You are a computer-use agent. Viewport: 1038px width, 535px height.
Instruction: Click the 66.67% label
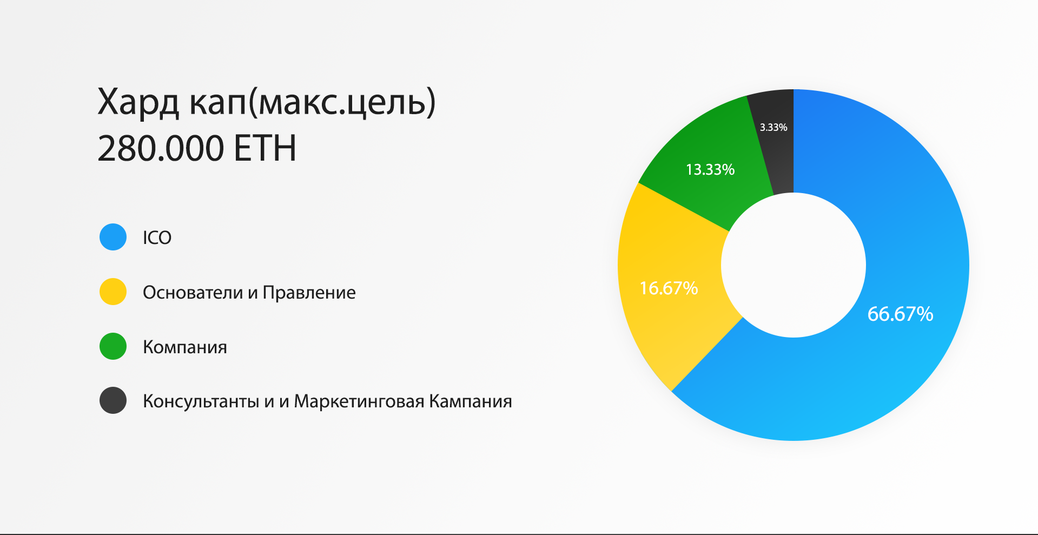coord(900,314)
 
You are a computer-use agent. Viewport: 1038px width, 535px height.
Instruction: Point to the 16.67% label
coord(669,288)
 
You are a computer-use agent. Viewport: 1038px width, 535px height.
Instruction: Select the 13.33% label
coord(710,169)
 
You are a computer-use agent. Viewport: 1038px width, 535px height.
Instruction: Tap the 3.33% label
coord(773,127)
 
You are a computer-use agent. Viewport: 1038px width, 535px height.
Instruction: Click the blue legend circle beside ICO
coord(113,237)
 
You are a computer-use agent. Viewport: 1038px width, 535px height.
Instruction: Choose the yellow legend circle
coord(113,292)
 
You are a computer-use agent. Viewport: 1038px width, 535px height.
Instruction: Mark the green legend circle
coord(113,346)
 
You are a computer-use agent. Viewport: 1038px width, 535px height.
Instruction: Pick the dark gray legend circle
coord(113,400)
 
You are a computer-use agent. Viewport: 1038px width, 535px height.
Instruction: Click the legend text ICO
coord(157,237)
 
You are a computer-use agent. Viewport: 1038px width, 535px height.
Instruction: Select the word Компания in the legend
coord(185,347)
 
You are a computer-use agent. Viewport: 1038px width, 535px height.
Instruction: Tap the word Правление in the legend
coord(309,292)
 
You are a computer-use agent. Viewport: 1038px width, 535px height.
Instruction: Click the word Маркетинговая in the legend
coord(359,401)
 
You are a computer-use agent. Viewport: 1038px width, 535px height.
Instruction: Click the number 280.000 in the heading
coord(161,148)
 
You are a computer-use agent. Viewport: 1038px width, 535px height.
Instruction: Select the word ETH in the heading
coord(265,148)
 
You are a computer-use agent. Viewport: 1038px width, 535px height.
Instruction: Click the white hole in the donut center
coord(794,265)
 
